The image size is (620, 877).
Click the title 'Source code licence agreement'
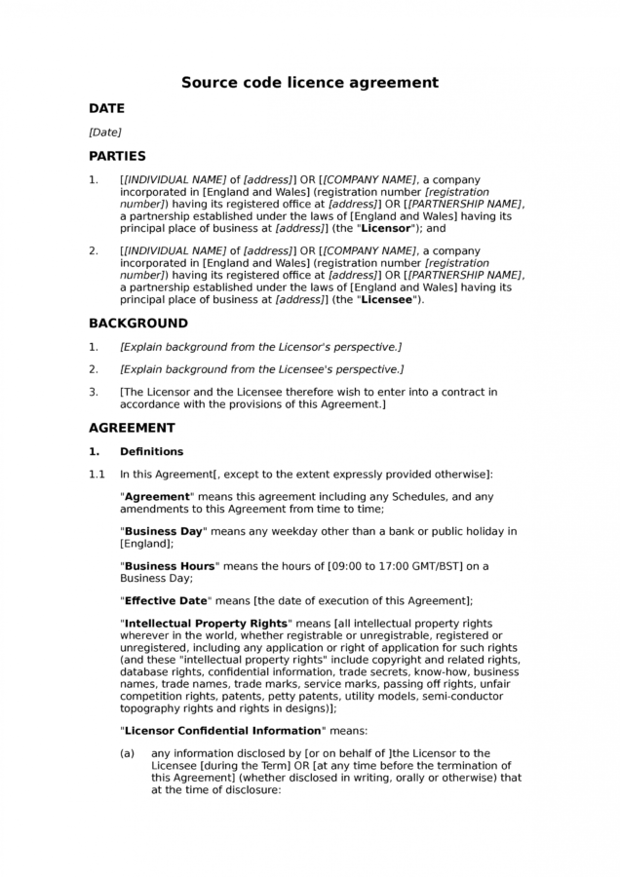point(310,83)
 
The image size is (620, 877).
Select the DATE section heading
point(106,109)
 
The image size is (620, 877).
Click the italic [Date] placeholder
point(105,132)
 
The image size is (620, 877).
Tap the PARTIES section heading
point(117,156)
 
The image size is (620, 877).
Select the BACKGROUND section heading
point(138,324)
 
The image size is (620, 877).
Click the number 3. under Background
point(94,392)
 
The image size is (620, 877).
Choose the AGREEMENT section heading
point(132,428)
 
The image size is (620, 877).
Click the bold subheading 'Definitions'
point(151,452)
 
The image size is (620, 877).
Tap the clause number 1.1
point(97,475)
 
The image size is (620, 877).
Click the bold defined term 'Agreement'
point(160,497)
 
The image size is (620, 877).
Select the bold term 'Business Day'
point(163,531)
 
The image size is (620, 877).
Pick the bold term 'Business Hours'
point(168,565)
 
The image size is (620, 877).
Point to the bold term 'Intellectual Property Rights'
point(205,624)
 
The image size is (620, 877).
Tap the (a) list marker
point(128,753)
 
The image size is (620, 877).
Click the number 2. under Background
point(94,369)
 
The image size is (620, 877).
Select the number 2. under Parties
point(94,251)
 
